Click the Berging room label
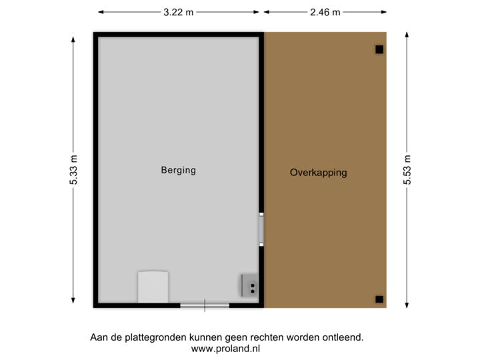[178, 170]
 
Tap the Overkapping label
[318, 173]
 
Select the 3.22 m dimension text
[179, 12]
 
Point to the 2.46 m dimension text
[325, 12]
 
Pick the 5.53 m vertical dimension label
[407, 171]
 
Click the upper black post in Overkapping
[379, 49]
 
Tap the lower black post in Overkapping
[379, 299]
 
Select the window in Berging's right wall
[262, 229]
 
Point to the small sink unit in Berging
[250, 285]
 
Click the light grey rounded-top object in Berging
[153, 287]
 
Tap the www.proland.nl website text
[226, 348]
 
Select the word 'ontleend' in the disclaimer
[344, 338]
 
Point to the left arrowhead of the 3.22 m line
[100, 12]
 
